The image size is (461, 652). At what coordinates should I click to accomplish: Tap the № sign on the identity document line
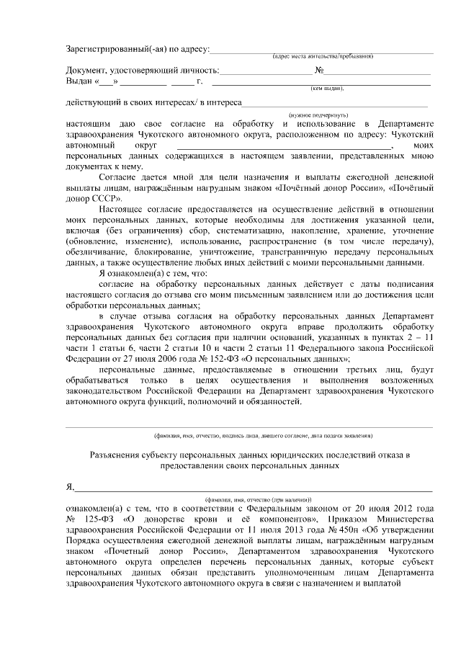(x=318, y=70)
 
